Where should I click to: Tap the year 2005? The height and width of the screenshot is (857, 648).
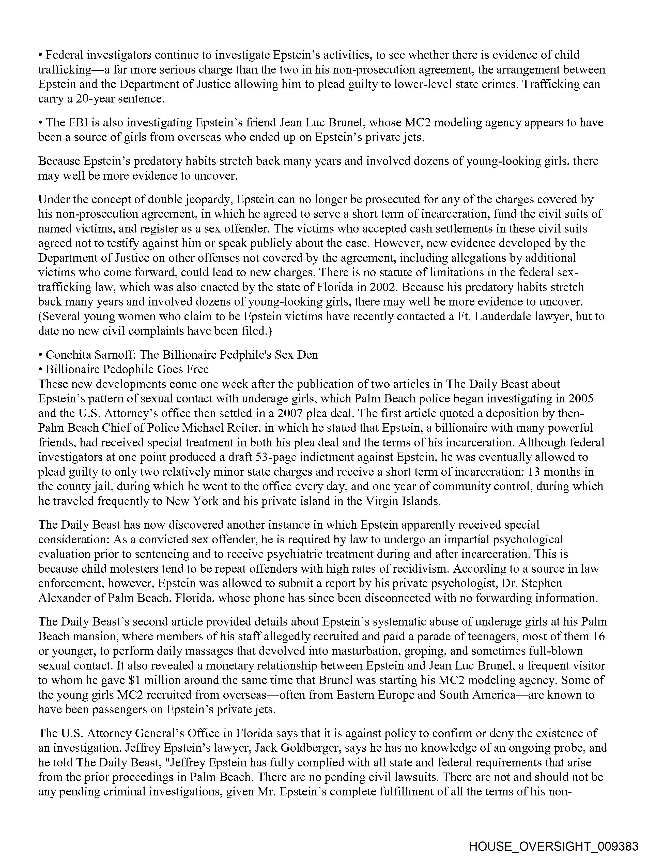click(x=581, y=399)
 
